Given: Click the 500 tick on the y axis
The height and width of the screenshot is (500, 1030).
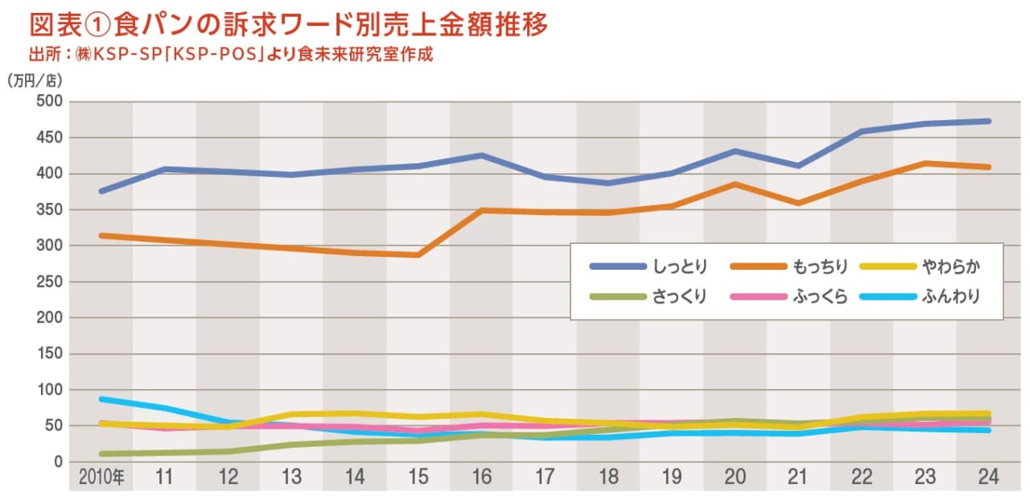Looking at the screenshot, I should tap(50, 101).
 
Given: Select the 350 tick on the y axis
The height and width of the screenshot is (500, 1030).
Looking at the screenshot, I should tap(50, 209).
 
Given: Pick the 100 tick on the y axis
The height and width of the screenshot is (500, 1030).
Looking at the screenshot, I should tap(50, 390).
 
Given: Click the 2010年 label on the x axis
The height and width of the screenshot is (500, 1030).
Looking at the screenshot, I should tap(101, 477).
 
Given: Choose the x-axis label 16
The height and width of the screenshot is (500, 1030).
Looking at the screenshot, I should tap(481, 477).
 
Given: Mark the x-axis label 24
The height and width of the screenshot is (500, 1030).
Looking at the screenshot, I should tap(988, 477).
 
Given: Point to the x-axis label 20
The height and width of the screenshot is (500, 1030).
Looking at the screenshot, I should tap(735, 477).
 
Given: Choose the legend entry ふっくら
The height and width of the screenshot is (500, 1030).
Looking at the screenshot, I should tap(820, 296).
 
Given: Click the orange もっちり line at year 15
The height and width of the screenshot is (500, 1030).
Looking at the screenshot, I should tap(418, 255).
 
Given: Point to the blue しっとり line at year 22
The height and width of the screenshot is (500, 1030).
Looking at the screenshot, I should tap(862, 131).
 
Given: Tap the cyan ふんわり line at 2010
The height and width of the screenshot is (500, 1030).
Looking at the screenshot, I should tap(101, 399).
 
